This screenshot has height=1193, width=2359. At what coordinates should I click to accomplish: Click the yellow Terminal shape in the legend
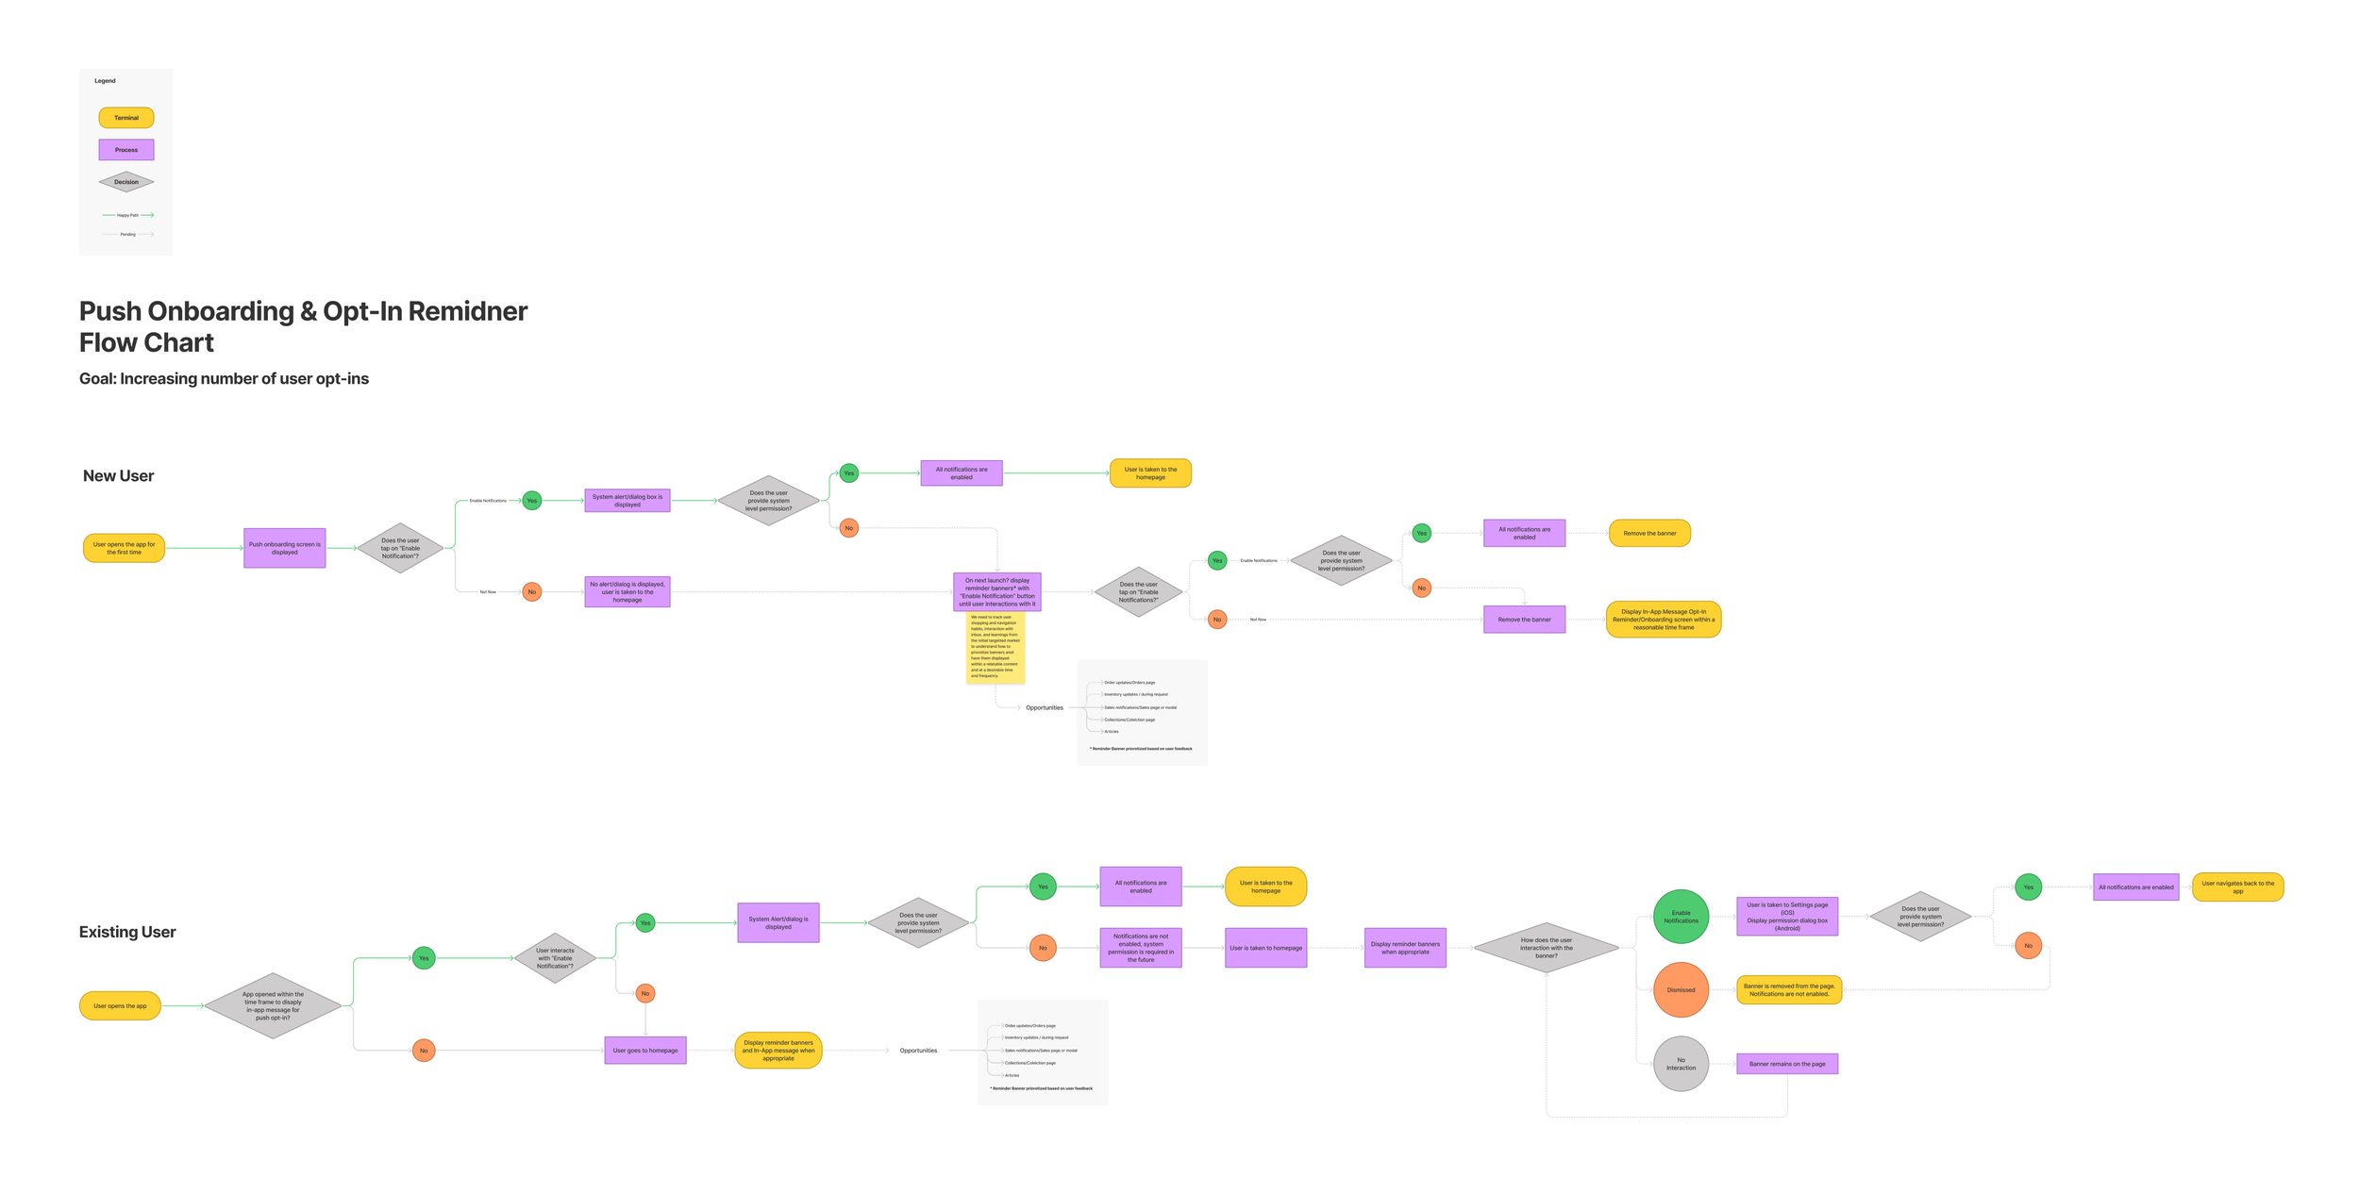click(x=126, y=118)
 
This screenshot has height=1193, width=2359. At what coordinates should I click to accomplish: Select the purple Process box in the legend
click(x=126, y=150)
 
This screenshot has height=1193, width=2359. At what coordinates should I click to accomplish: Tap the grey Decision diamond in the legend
click(x=126, y=182)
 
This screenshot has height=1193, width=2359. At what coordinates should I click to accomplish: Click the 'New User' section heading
click(x=118, y=476)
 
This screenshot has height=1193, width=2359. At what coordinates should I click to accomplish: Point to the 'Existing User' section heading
click(x=127, y=932)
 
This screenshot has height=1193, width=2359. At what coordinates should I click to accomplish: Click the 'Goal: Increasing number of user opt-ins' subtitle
click(x=224, y=379)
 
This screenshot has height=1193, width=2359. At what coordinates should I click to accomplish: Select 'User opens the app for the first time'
click(x=124, y=548)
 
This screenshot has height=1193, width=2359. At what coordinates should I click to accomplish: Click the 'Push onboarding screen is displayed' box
click(x=284, y=548)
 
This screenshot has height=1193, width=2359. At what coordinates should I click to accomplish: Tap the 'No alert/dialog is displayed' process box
click(x=627, y=592)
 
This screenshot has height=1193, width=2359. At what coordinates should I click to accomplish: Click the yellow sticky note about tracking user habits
click(x=995, y=647)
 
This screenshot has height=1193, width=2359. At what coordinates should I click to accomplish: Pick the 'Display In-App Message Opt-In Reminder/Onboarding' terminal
click(x=1663, y=620)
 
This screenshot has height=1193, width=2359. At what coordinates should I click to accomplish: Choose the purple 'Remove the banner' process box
click(x=1524, y=620)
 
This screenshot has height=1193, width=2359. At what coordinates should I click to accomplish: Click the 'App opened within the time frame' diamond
click(x=273, y=1006)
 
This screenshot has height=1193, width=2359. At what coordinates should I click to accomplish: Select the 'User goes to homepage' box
click(x=645, y=1051)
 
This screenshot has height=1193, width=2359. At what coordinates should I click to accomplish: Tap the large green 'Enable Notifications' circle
click(x=1681, y=917)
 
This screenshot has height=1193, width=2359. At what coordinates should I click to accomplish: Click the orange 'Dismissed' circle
click(x=1681, y=990)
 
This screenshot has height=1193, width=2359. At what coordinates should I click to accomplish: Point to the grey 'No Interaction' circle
click(x=1681, y=1064)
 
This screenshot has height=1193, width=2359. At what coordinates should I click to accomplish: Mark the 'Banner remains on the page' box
click(x=1786, y=1064)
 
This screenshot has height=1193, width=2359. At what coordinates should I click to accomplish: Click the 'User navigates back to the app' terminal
click(x=2237, y=887)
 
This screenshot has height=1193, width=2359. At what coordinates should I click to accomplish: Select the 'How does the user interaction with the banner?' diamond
click(x=1546, y=948)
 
